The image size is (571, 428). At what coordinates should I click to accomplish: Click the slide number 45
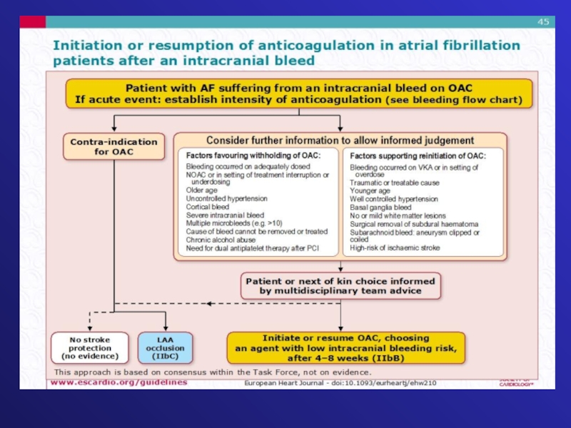point(543,22)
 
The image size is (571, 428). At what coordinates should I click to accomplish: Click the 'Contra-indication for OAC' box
point(114,146)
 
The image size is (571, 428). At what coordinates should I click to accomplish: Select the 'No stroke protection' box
point(90,347)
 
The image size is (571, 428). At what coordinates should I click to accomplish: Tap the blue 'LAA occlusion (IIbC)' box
point(165,347)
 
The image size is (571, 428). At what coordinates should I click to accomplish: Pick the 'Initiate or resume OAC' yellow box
point(345,347)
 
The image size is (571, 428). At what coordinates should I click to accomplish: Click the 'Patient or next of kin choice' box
point(340,285)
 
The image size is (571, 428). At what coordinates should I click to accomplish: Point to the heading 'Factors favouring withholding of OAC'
point(253,156)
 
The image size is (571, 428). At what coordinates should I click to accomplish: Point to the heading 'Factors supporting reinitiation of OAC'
point(418,156)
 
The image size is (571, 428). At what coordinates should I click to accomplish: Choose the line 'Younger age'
point(370,190)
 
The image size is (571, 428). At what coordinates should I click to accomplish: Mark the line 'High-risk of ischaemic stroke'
point(395,248)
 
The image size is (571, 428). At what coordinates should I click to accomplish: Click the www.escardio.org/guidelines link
point(118,382)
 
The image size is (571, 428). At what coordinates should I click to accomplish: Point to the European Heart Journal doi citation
point(340,384)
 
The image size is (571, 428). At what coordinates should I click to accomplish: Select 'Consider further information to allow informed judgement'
point(340,141)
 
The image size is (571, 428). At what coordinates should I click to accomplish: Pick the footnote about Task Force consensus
point(213,372)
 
